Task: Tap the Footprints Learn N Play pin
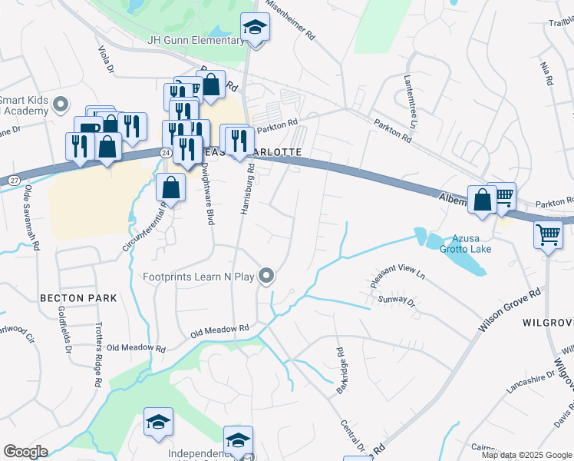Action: tap(266, 275)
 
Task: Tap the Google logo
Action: tap(25, 452)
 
